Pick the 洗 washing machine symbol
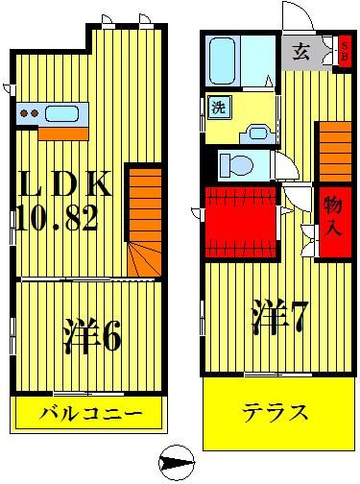pyautogui.click(x=217, y=107)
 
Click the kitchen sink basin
pyautogui.click(x=60, y=114)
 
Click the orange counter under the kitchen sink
pyautogui.click(x=53, y=132)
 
